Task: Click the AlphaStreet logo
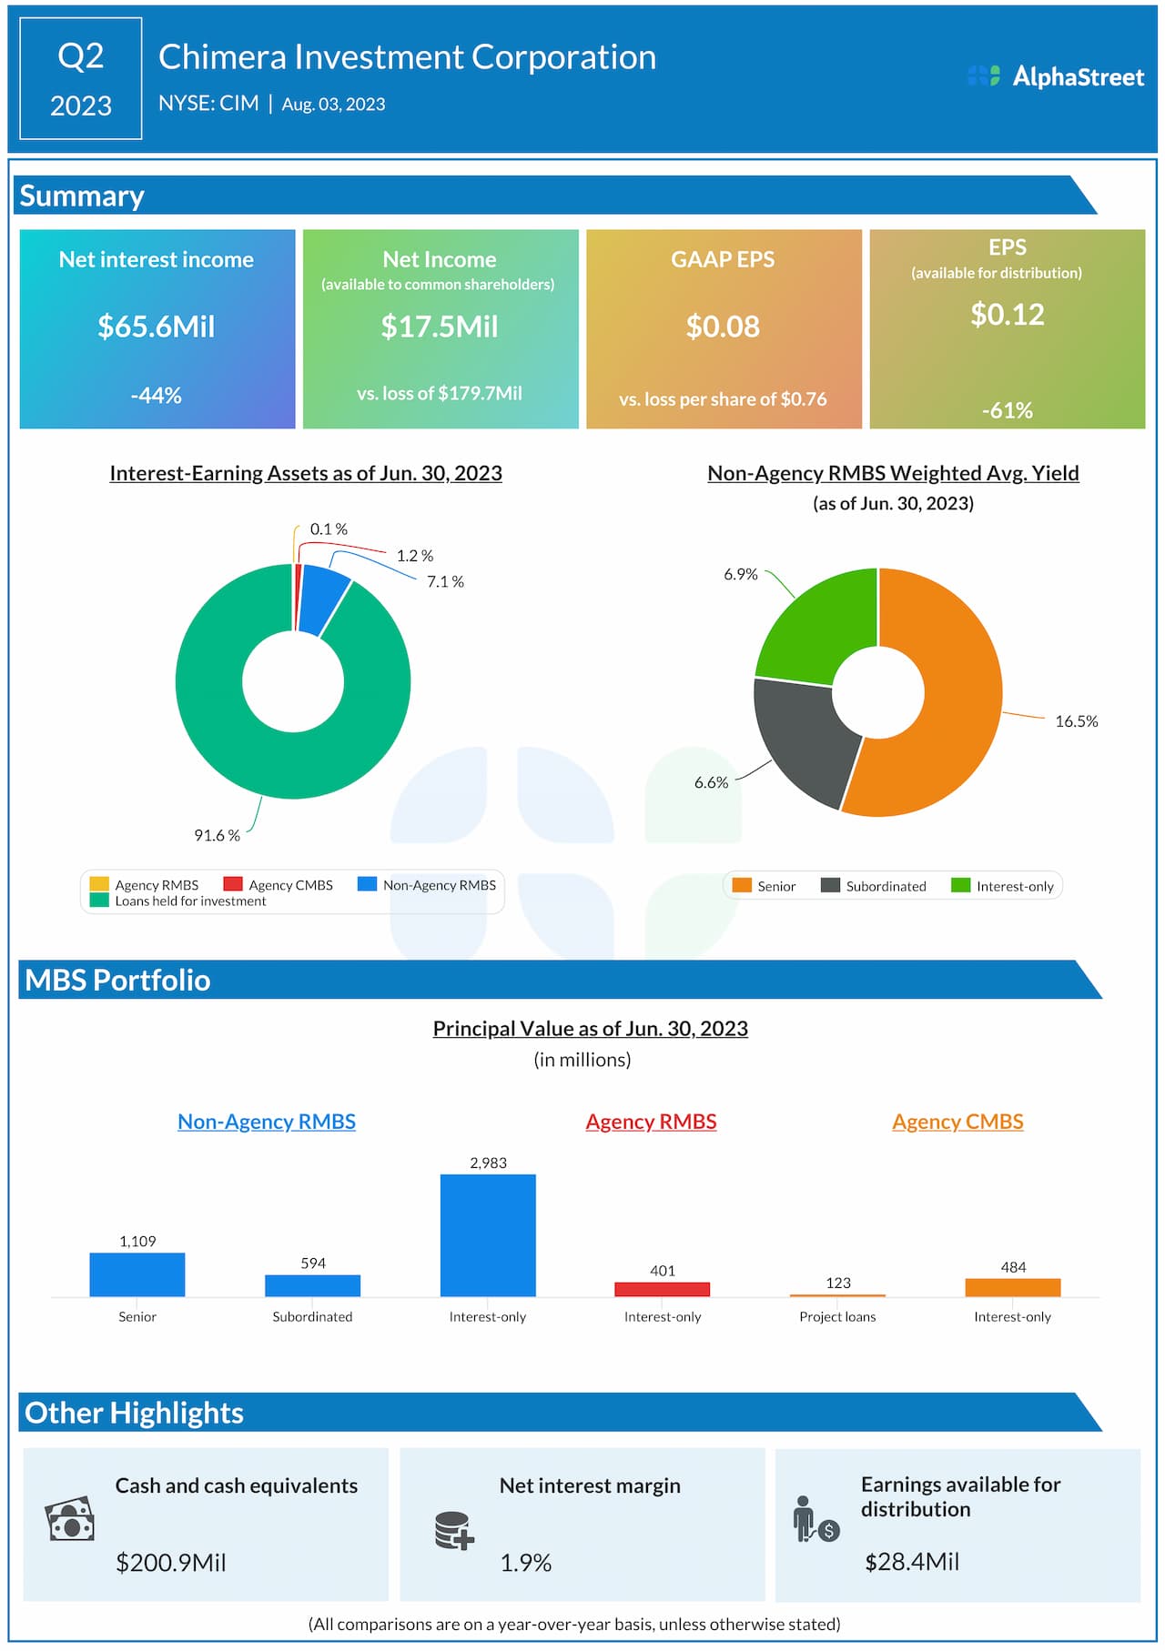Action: (1056, 77)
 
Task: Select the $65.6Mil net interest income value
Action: (157, 327)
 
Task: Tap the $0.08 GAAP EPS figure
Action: (723, 327)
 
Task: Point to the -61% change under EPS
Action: (1007, 410)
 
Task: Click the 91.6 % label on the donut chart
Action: (217, 835)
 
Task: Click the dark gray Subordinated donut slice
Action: (801, 737)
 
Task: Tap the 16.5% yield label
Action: (1076, 721)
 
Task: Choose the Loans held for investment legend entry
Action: (189, 901)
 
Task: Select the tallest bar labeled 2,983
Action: (488, 1234)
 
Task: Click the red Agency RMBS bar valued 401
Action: (662, 1289)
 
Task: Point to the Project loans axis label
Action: (837, 1316)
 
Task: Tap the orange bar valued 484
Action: (1012, 1287)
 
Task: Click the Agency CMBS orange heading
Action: (957, 1122)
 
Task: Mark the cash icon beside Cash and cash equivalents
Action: (70, 1519)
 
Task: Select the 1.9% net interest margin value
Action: (526, 1563)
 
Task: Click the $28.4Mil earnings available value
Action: (912, 1562)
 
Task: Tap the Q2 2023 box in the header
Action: (81, 79)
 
